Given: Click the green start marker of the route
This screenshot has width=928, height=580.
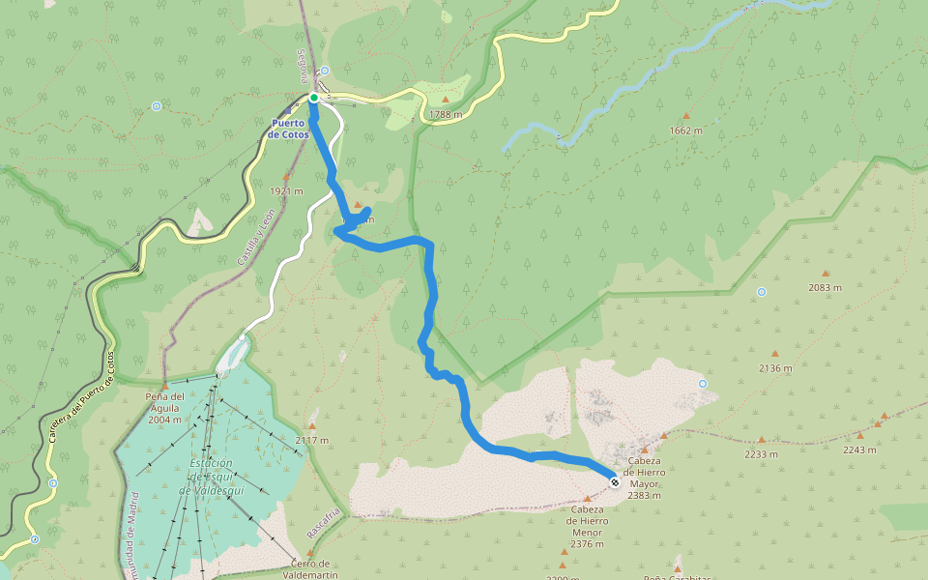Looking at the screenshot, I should pos(314,98).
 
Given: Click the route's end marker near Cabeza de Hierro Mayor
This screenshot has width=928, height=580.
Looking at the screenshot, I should pos(615,479).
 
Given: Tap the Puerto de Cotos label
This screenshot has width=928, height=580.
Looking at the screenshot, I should pos(288,129).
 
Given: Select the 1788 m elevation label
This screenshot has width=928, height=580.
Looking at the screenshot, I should pos(446,114).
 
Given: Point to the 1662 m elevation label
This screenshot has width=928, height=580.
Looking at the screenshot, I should pos(685,130).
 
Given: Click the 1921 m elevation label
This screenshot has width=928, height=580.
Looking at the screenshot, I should pos(285,190).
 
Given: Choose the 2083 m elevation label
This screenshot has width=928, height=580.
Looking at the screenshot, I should pos(826,288).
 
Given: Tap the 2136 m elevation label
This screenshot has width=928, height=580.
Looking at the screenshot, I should pos(775,368).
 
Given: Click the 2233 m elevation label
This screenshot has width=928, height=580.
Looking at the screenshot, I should pos(762,453).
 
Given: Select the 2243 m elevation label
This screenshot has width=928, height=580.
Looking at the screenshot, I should pos(858,449).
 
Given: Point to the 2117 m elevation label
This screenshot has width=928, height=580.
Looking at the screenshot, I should pos(312,441).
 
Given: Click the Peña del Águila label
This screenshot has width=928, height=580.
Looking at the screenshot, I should pos(165,408).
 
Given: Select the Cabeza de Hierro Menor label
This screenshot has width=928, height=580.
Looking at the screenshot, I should pos(587,526).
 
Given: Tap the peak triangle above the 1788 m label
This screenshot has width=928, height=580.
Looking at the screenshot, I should pos(446,100).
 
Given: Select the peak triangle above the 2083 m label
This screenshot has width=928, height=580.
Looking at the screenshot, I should pos(825,274).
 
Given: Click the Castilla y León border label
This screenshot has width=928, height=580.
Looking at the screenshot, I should pos(255,237).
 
